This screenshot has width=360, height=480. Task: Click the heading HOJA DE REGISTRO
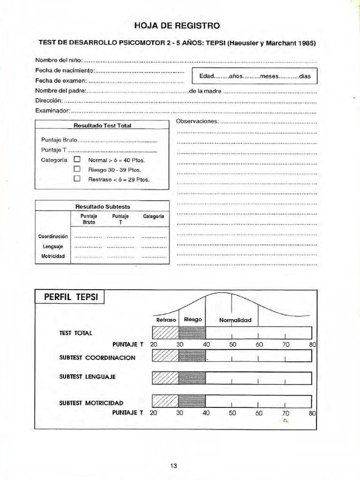click(177, 26)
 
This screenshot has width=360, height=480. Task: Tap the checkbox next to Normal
click(77, 160)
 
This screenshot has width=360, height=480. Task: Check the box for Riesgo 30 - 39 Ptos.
click(77, 169)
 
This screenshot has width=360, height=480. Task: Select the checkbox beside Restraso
click(77, 179)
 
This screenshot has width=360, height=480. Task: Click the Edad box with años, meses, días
click(255, 76)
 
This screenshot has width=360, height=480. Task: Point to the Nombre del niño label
click(59, 60)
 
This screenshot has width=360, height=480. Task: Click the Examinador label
click(52, 111)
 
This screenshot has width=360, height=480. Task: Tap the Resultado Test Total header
click(102, 126)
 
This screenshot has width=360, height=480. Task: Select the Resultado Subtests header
click(102, 206)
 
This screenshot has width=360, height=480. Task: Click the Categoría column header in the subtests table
click(153, 217)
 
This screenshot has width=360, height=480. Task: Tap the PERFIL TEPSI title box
click(70, 298)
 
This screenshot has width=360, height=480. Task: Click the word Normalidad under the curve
click(235, 320)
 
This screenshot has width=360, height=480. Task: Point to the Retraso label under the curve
click(165, 320)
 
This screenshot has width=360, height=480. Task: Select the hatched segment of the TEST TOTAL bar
click(165, 333)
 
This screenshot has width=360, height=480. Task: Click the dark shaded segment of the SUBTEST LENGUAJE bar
click(192, 377)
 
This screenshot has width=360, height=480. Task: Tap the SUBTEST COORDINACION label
click(97, 358)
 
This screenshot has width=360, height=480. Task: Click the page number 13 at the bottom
click(173, 465)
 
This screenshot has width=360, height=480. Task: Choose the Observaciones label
click(197, 121)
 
